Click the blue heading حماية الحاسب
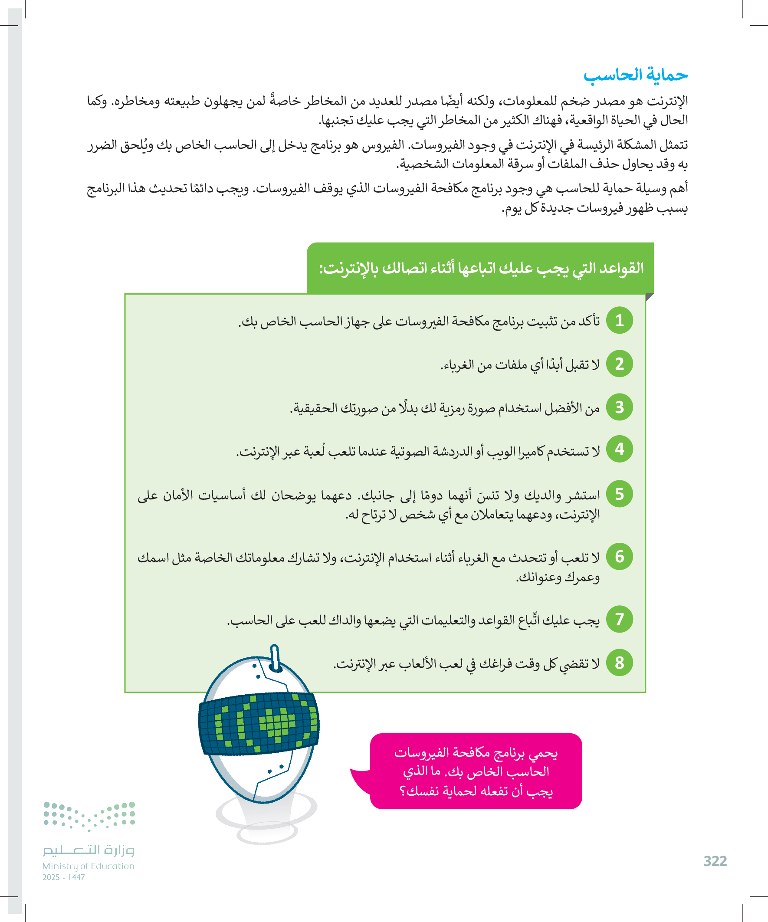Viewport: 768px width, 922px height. pyautogui.click(x=635, y=75)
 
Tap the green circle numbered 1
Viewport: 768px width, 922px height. pyautogui.click(x=619, y=321)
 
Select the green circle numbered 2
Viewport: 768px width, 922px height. pyautogui.click(x=619, y=364)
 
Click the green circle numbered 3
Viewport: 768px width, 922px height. pyautogui.click(x=619, y=407)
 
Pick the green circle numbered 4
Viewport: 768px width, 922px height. pyautogui.click(x=619, y=449)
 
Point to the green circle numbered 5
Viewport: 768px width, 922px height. pyautogui.click(x=619, y=494)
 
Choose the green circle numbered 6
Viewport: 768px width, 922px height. pyautogui.click(x=619, y=556)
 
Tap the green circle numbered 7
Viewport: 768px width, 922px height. pyautogui.click(x=619, y=619)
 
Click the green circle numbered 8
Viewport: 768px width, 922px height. pyautogui.click(x=619, y=663)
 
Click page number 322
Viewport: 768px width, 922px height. pyautogui.click(x=715, y=861)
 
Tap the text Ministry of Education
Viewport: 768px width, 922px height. pyautogui.click(x=88, y=866)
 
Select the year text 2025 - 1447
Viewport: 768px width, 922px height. pyautogui.click(x=64, y=877)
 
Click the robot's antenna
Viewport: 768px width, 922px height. pyautogui.click(x=275, y=658)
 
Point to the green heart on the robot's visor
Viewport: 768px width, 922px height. pyautogui.click(x=276, y=722)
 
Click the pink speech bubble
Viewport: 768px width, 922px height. pyautogui.click(x=476, y=771)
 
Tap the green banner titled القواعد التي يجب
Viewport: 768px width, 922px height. pyautogui.click(x=480, y=268)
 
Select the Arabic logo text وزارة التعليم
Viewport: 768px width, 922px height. pyautogui.click(x=88, y=850)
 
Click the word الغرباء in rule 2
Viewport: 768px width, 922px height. pyautogui.click(x=459, y=365)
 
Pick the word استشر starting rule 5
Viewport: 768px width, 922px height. pyautogui.click(x=583, y=495)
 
